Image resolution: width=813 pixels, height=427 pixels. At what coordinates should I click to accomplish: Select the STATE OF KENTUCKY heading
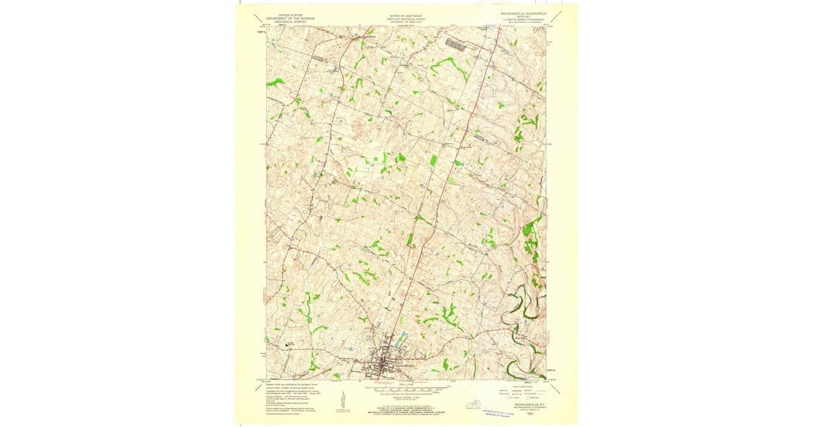[x=406, y=14]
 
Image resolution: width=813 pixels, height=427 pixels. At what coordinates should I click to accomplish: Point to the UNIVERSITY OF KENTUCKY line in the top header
[x=406, y=21]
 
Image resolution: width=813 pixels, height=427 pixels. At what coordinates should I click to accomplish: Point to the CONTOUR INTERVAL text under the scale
[x=406, y=397]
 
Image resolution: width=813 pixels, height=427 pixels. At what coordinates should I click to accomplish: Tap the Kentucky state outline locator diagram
[x=466, y=405]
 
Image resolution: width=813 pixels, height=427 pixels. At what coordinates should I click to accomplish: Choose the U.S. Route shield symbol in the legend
[x=504, y=401]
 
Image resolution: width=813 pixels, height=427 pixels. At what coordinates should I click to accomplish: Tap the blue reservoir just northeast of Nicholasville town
[x=403, y=336]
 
